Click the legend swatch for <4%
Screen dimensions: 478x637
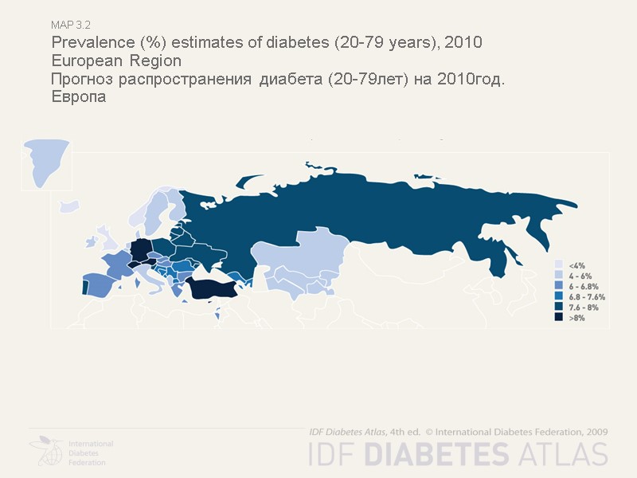559,264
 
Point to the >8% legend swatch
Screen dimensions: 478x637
559,317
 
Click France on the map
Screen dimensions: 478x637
117,264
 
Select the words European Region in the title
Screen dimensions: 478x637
116,61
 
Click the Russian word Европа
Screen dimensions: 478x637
78,97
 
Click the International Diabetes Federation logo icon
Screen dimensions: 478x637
47,451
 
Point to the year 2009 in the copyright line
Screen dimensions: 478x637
594,431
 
